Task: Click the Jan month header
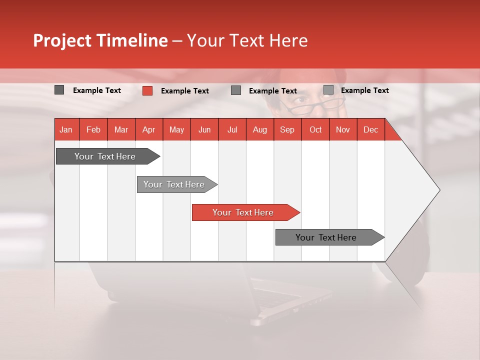point(66,130)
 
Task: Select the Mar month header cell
point(121,130)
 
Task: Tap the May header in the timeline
point(176,130)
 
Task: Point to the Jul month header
point(232,130)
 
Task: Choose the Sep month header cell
point(287,130)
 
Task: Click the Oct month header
point(315,130)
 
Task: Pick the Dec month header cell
point(370,130)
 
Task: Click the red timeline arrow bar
point(245,212)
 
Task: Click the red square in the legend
point(147,90)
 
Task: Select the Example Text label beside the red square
point(185,91)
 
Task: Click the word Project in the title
point(62,40)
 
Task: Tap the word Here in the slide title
point(288,40)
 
